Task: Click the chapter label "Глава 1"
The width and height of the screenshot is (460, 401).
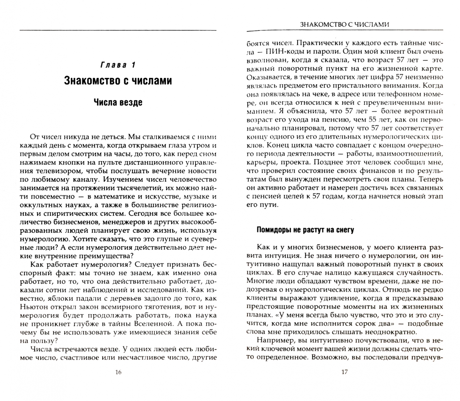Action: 118,65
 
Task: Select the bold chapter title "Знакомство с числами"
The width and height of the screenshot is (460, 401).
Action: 118,80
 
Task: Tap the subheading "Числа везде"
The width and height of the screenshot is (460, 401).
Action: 118,102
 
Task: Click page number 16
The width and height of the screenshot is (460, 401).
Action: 118,372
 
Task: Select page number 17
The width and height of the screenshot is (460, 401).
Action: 344,372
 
